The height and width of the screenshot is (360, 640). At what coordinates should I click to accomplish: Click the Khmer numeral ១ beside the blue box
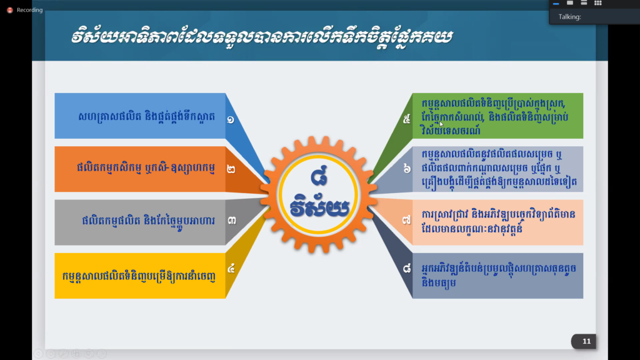click(x=231, y=119)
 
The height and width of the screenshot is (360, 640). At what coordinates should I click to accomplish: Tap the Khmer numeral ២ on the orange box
click(x=231, y=169)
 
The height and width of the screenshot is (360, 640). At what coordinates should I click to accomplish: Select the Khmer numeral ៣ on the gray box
click(x=231, y=221)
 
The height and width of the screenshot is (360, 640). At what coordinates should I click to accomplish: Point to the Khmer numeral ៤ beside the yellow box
click(x=231, y=268)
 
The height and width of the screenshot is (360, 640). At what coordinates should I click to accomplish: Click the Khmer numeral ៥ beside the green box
click(x=406, y=119)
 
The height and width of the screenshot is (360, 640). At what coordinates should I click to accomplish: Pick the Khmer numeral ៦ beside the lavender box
click(x=407, y=168)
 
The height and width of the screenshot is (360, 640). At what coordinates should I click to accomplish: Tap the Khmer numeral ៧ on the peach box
click(x=406, y=221)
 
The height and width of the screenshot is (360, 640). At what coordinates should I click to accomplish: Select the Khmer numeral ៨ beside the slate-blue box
click(x=407, y=268)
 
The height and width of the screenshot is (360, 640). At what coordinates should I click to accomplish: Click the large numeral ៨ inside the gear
click(x=319, y=176)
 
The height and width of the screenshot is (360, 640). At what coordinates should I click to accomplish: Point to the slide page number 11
click(x=586, y=341)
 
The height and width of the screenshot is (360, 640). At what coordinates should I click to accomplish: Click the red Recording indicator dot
click(x=10, y=10)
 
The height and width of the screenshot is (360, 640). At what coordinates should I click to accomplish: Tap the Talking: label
click(x=570, y=17)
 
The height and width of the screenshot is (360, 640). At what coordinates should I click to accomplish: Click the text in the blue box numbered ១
click(x=146, y=117)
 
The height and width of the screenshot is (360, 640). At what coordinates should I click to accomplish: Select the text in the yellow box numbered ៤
click(x=139, y=276)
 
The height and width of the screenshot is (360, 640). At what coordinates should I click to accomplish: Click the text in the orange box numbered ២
click(x=146, y=168)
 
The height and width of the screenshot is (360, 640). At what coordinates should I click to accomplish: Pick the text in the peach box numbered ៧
click(x=498, y=222)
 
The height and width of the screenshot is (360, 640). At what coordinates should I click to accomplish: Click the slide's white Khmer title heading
click(x=262, y=36)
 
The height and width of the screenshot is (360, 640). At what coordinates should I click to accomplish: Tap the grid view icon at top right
click(x=598, y=3)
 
